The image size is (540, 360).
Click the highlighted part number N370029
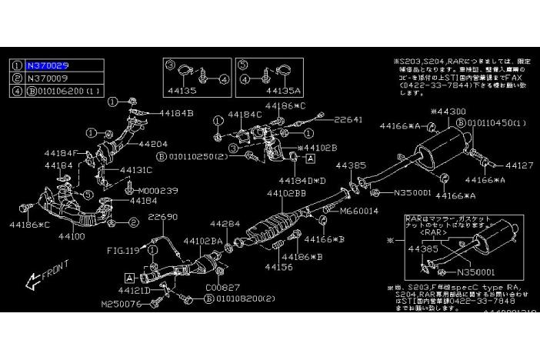coord(48,67)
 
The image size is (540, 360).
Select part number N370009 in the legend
coord(48,78)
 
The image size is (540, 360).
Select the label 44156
coord(278,267)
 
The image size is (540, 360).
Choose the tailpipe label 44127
coord(518,164)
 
